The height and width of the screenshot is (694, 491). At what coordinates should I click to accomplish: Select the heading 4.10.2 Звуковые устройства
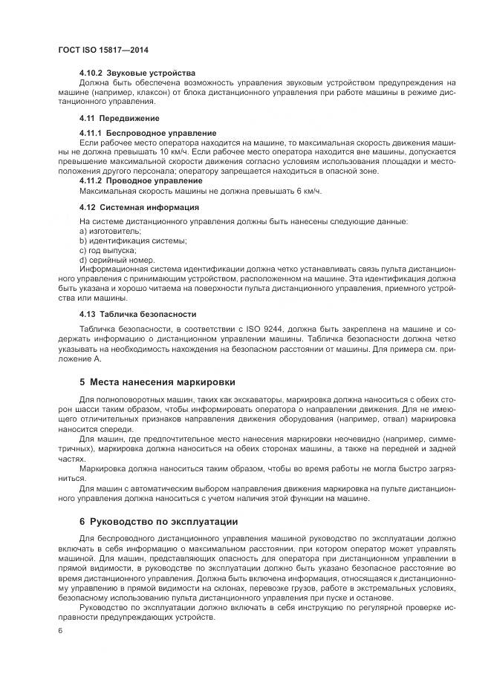pos(137,73)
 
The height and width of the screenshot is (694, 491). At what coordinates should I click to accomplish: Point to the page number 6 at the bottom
pos(59,630)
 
